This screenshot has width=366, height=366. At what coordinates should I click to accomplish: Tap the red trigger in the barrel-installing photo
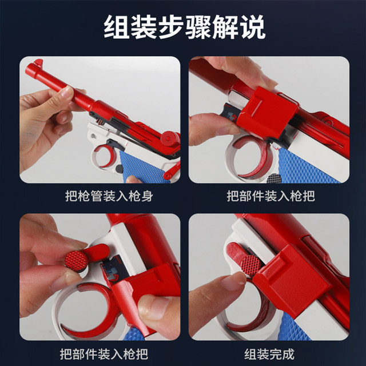coord(109,155)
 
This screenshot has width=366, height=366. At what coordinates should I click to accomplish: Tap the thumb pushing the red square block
coord(209,126)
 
